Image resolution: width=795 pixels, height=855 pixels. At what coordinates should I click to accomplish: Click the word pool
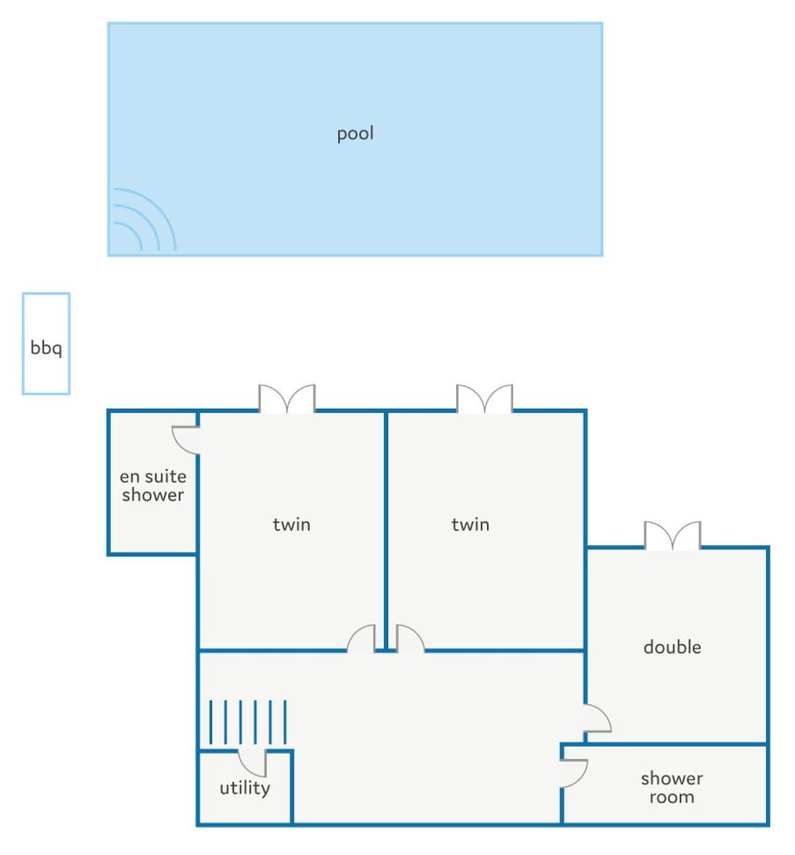[355, 134]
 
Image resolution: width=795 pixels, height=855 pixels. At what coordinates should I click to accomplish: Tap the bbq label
[46, 347]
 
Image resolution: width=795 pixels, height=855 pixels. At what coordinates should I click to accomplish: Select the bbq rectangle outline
[23, 343]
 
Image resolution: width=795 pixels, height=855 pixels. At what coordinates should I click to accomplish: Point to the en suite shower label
[152, 485]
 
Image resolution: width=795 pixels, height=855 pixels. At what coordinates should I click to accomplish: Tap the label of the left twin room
[291, 525]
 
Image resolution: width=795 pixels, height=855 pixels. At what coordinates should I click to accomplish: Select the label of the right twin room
[470, 525]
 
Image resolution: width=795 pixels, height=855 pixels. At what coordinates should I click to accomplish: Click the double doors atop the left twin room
[287, 399]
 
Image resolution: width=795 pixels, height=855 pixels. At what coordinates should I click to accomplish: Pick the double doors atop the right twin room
[485, 399]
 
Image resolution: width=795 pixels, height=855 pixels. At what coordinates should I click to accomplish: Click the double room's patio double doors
[673, 534]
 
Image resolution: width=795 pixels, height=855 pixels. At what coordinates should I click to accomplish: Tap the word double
[673, 646]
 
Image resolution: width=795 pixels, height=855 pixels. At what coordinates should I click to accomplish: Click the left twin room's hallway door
[362, 638]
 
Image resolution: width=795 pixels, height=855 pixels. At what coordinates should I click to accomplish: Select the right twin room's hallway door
[410, 638]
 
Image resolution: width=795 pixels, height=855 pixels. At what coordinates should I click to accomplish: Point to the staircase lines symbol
[248, 723]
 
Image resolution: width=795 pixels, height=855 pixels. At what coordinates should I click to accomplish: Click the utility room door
[253, 763]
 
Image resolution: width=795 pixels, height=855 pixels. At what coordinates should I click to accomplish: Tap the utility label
[245, 788]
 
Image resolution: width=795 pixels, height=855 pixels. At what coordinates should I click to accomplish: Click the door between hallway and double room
[598, 719]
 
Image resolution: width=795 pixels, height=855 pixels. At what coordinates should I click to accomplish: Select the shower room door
[574, 774]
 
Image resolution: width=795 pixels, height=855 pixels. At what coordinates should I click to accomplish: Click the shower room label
[672, 787]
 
